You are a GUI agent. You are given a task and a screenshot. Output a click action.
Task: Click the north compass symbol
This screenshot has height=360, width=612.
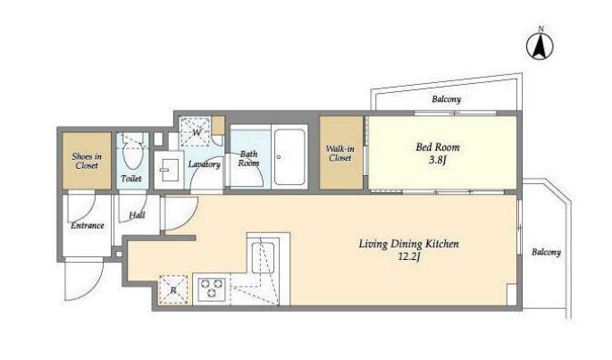click(541, 46)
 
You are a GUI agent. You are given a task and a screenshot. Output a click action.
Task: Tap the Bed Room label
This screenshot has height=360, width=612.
click(438, 147)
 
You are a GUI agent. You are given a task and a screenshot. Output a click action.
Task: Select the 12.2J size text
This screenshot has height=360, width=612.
click(408, 256)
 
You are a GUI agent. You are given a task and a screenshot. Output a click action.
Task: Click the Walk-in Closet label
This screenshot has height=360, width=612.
click(340, 153)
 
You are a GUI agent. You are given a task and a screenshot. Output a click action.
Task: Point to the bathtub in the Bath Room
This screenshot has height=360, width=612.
click(289, 157)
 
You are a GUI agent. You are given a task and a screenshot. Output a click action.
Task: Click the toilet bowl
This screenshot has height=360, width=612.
click(132, 155)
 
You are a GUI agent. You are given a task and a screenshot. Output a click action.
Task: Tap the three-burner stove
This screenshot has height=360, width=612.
click(212, 289)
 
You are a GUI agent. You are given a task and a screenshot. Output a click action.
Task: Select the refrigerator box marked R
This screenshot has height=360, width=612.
click(173, 290)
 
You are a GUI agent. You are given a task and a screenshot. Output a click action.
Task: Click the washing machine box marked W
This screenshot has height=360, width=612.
click(196, 131)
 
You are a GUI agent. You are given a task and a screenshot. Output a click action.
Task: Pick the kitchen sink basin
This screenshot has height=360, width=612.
click(263, 257)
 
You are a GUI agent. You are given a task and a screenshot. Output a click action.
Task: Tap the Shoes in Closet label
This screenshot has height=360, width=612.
click(87, 161)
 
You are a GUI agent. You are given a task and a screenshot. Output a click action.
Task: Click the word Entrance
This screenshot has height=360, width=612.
click(88, 226)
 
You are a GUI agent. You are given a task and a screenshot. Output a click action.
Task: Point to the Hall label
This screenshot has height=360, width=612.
click(137, 214)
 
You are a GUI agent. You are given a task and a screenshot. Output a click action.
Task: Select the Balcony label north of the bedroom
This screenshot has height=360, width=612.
click(447, 99)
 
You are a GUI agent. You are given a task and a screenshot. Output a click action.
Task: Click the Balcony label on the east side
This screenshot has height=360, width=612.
click(546, 252)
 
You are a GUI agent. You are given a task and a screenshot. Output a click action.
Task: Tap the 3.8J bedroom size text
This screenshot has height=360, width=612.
click(438, 160)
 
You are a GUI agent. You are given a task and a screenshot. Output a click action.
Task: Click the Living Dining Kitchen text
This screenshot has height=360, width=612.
click(408, 244)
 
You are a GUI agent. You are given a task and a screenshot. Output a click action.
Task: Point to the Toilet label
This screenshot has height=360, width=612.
click(131, 179)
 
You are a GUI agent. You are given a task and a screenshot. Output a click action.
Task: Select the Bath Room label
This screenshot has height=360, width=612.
click(248, 158)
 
